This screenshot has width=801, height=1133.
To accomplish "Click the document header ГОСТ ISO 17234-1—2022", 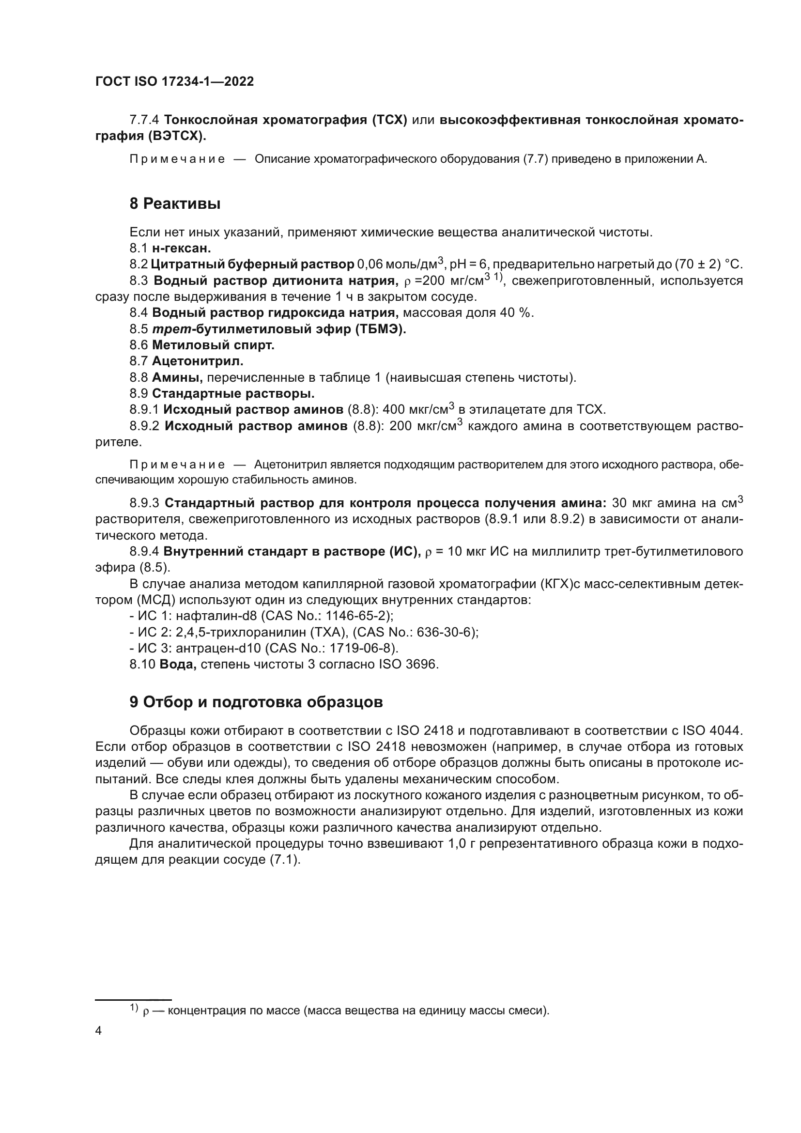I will (175, 82).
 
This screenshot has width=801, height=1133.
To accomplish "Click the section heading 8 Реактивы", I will (175, 204).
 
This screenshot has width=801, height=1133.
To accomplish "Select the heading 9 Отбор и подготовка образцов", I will (256, 702).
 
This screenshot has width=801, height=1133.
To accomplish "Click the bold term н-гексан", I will (182, 248).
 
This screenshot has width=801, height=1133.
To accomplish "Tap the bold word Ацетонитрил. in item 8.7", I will (198, 361).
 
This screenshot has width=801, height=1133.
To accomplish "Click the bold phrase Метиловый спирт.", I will (213, 345).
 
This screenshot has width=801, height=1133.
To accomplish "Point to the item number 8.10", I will (142, 665).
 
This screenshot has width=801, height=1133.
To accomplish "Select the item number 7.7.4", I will (144, 120).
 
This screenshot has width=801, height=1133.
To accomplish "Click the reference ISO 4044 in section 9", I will (712, 730).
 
